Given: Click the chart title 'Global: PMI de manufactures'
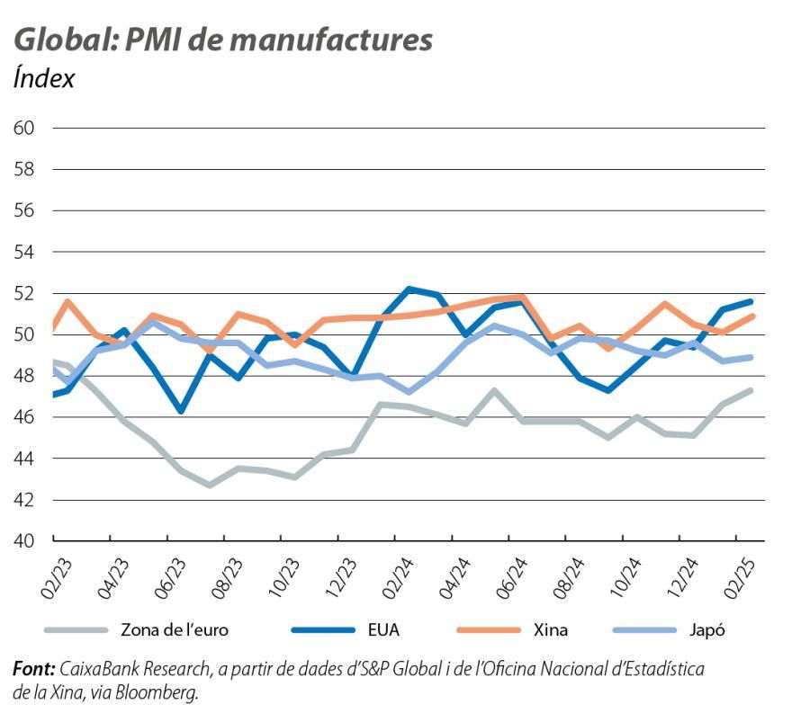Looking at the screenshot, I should (223, 40).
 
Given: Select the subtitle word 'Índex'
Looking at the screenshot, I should (44, 79).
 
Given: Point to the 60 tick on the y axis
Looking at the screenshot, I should (23, 129).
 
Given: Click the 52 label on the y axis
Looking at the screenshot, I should (23, 293).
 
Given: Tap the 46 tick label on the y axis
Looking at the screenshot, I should (23, 417).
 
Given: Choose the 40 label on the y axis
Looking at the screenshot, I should (23, 541).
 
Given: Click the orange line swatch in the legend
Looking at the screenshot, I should (490, 629).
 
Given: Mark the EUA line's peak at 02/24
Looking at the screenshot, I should (409, 289).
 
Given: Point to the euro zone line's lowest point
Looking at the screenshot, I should (210, 485).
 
